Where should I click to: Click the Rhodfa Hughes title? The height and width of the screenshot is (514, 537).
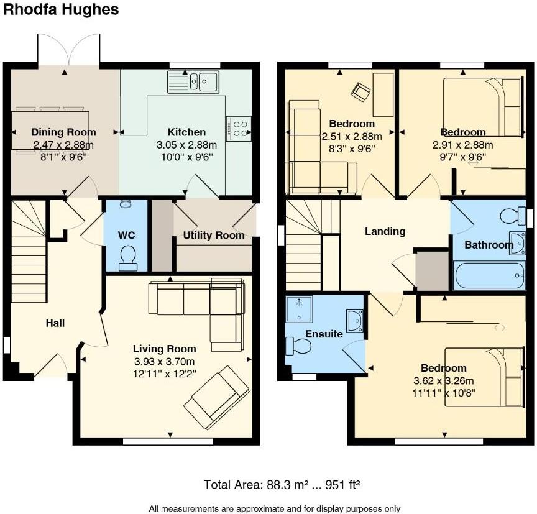pyautogui.click(x=61, y=9)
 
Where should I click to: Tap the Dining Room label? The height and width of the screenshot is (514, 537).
pyautogui.click(x=63, y=132)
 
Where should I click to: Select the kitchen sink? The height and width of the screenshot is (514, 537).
pyautogui.click(x=193, y=82)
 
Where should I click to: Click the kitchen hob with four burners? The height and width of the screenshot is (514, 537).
pyautogui.click(x=239, y=129)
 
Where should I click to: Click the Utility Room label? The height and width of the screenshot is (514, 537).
pyautogui.click(x=214, y=236)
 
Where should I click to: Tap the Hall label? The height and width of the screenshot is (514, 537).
pyautogui.click(x=55, y=323)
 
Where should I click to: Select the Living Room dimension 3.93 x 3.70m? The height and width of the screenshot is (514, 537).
pyautogui.click(x=164, y=362)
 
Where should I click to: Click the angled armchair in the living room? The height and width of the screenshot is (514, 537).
pyautogui.click(x=216, y=397)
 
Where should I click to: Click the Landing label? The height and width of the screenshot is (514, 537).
pyautogui.click(x=385, y=232)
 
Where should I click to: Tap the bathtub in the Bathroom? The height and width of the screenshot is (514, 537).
pyautogui.click(x=489, y=275)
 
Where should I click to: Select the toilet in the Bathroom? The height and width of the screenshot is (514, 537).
pyautogui.click(x=513, y=216)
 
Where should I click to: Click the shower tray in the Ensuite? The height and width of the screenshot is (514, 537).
pyautogui.click(x=300, y=310)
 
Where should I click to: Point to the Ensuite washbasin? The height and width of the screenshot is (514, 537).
pyautogui.click(x=355, y=321)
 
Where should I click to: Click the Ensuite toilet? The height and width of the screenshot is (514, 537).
pyautogui.click(x=298, y=346)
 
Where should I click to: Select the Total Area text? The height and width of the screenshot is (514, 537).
pyautogui.click(x=282, y=485)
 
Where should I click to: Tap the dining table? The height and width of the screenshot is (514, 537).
pyautogui.click(x=50, y=131)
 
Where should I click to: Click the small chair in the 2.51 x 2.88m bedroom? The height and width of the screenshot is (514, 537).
pyautogui.click(x=360, y=93)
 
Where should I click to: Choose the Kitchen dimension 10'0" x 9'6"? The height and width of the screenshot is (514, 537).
pyautogui.click(x=187, y=157)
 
